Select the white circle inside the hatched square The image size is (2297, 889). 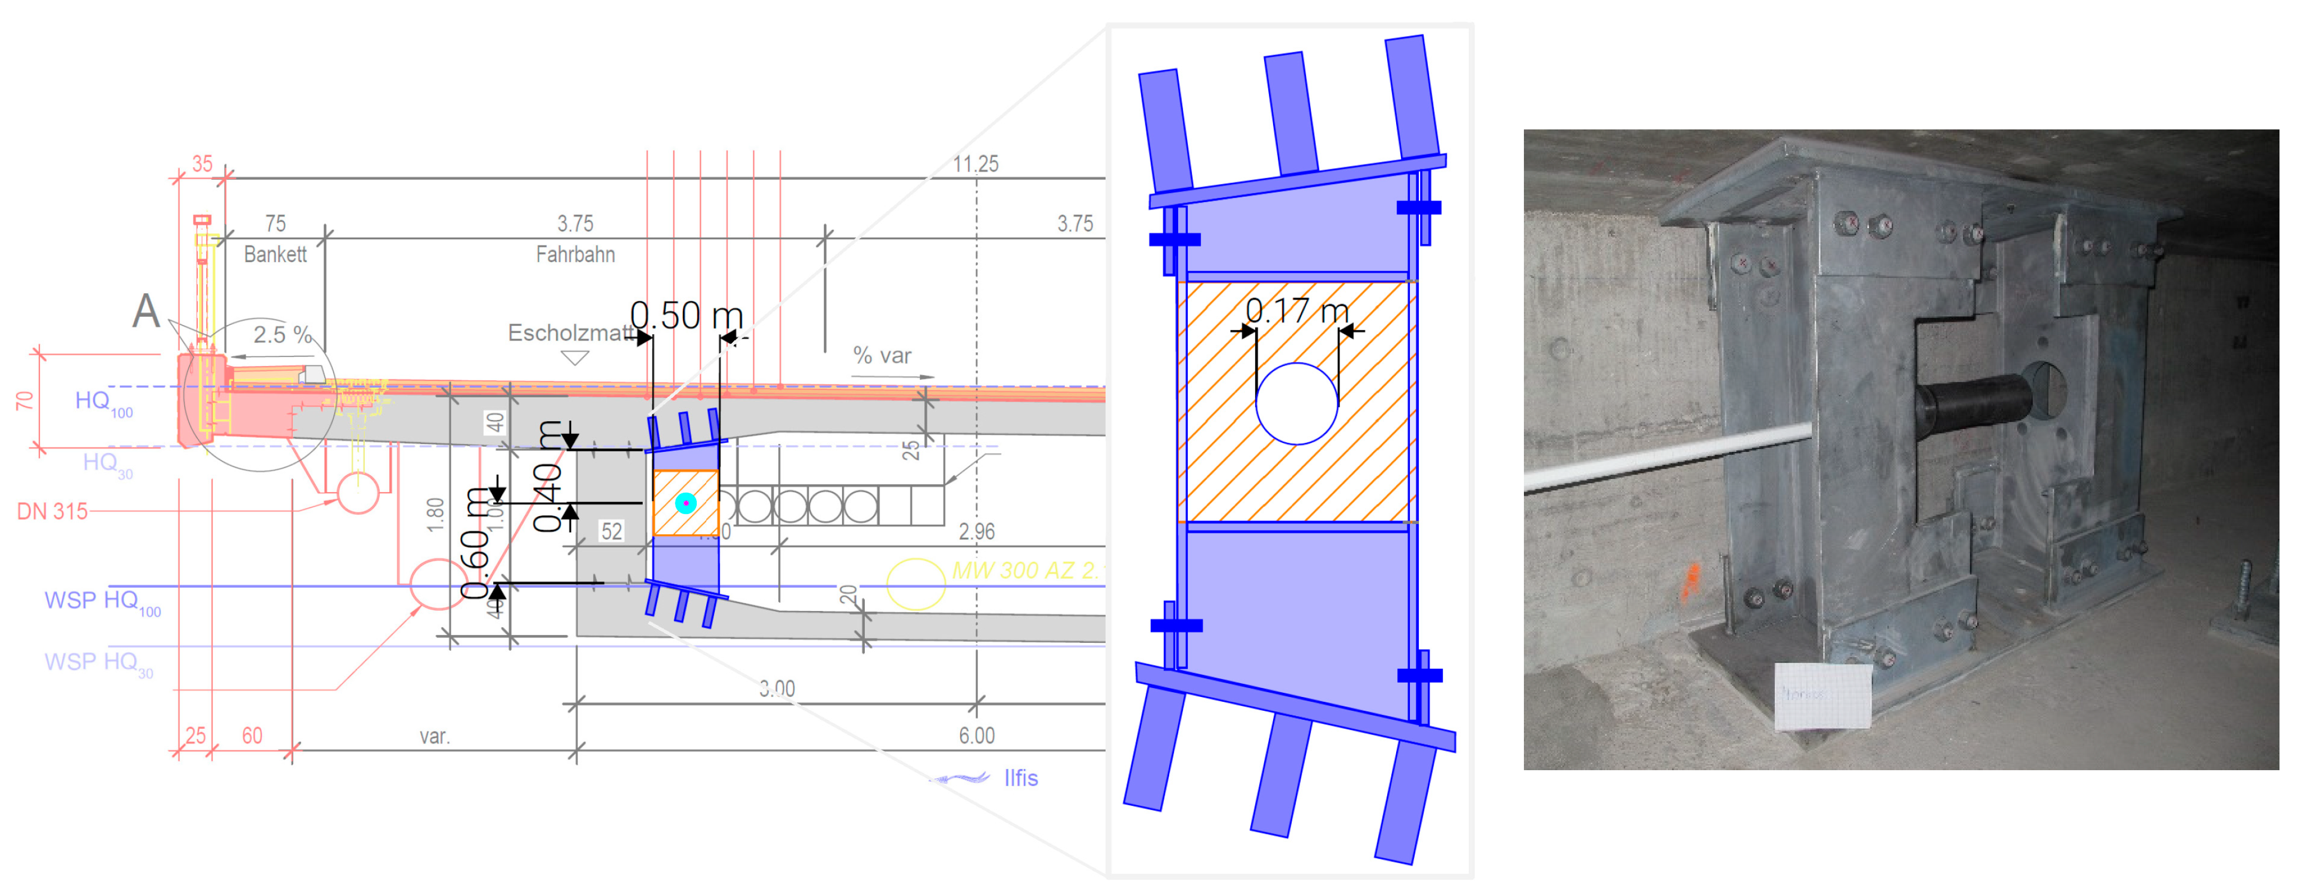(1296, 403)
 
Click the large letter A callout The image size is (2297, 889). (146, 311)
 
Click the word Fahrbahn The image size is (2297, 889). (575, 255)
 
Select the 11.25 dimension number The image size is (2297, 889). (976, 164)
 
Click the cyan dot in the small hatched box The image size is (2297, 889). (685, 503)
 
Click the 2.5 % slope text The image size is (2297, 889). (282, 335)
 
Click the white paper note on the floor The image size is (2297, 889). (1822, 695)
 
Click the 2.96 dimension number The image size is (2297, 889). (976, 533)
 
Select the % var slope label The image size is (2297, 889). (882, 356)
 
